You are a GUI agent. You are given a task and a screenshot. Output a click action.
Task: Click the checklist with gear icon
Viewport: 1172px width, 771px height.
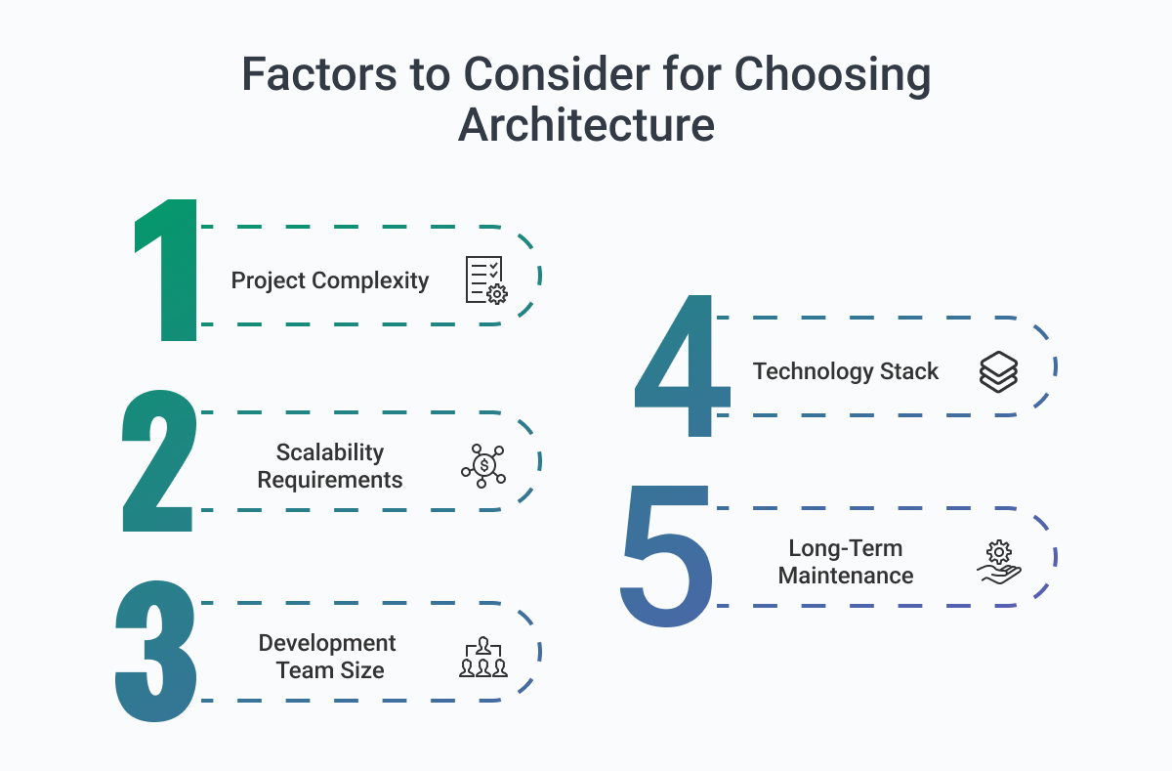tap(486, 280)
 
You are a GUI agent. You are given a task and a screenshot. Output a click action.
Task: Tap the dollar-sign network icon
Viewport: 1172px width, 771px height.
tap(483, 466)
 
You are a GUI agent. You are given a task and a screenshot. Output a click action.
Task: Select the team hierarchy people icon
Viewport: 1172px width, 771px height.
tap(483, 657)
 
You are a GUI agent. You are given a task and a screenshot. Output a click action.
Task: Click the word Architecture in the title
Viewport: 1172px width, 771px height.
tap(587, 125)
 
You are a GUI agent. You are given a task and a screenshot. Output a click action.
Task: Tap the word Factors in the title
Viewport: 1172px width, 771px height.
tap(319, 74)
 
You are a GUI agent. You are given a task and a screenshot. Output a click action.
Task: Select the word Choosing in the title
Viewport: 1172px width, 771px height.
tap(832, 76)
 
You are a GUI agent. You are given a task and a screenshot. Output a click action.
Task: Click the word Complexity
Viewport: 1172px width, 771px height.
tap(370, 281)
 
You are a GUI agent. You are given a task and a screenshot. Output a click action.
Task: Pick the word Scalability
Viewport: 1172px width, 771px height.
tap(330, 452)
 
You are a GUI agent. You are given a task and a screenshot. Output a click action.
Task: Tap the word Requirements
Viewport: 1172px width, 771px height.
tap(330, 480)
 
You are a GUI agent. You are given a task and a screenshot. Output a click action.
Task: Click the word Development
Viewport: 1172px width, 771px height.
tap(327, 644)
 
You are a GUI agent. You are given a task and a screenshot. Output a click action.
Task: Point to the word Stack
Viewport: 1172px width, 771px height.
tap(909, 371)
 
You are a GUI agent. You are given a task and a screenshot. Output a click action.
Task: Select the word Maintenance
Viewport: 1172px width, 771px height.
tap(846, 576)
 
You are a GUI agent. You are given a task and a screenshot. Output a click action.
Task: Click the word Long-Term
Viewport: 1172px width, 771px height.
tap(846, 548)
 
